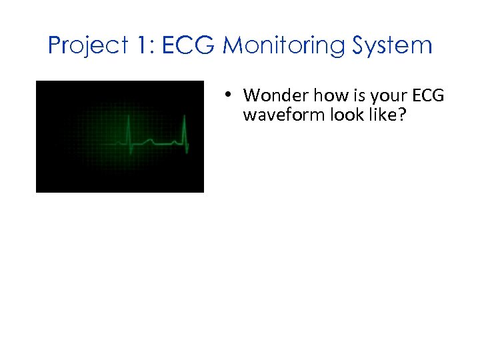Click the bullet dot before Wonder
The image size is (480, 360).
[228, 95]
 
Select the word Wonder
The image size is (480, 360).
[271, 96]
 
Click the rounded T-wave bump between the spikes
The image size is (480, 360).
[150, 140]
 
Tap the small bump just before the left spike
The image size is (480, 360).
[122, 141]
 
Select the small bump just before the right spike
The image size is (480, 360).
[176, 141]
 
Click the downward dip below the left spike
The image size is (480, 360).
[131, 153]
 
